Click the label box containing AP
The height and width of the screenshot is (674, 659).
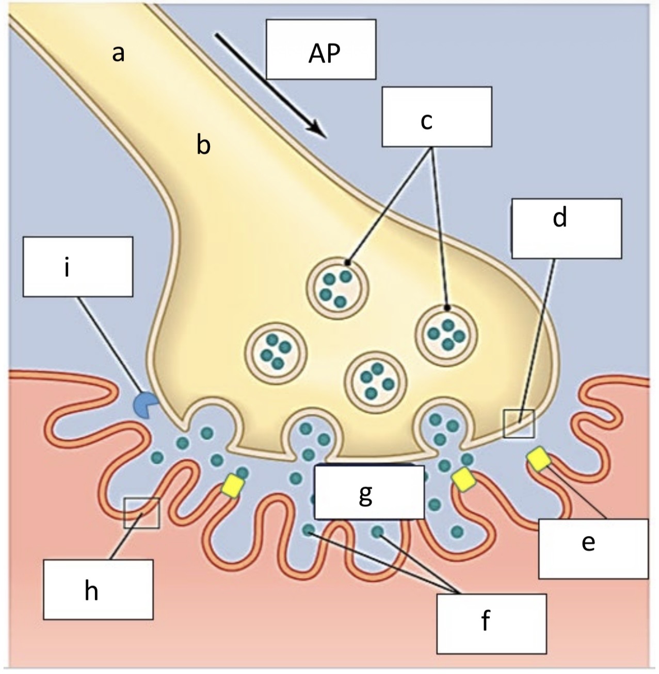click(321, 49)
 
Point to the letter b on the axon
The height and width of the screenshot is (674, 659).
click(203, 146)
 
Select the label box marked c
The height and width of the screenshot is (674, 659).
click(437, 116)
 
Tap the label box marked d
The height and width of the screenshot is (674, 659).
click(566, 228)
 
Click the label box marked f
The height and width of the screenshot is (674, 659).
click(491, 623)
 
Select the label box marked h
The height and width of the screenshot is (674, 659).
click(98, 589)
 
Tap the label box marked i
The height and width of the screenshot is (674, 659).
click(77, 266)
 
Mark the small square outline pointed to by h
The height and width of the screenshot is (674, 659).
click(142, 513)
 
